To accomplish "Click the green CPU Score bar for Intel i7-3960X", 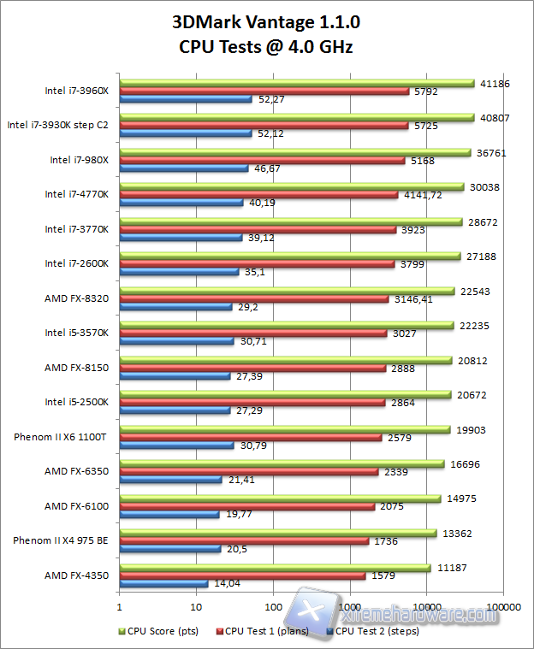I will coord(297,83).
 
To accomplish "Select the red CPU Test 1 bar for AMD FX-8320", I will coord(254,299).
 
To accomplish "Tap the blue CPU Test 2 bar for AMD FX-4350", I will coord(163,584).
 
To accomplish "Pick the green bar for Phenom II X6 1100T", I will coord(285,429).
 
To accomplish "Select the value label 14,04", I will coord(225,584).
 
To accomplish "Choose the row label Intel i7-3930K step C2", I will coord(58,124).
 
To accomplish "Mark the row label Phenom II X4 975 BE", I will coord(61,540).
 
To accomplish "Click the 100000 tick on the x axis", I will coord(503,607).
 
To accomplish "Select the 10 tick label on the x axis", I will coord(196,607).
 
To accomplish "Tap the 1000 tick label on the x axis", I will coord(350,607).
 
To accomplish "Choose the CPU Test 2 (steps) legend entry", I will coord(372,631).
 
